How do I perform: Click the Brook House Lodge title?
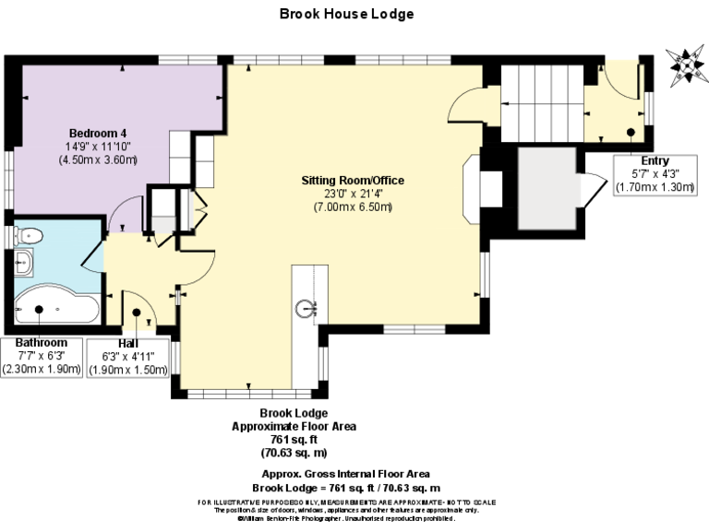tap(346, 14)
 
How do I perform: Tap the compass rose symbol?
tap(684, 65)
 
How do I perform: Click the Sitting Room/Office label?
tap(353, 180)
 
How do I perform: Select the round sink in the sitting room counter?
tap(308, 307)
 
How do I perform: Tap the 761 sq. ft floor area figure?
tap(294, 440)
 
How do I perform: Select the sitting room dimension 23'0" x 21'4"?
tap(353, 194)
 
